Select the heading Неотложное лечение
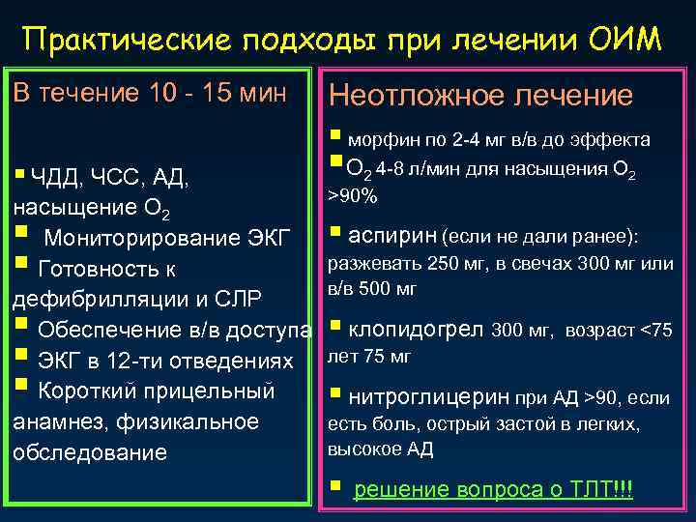[481, 95]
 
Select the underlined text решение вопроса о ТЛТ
[493, 489]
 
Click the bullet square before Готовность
[20, 265]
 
